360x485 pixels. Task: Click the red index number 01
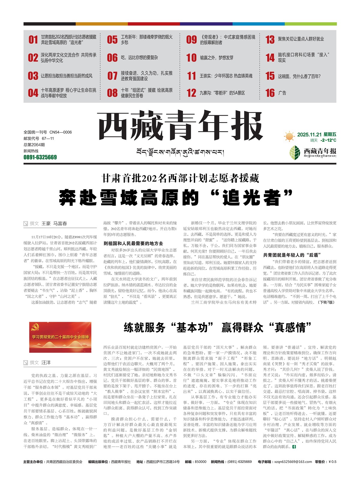click(x=33, y=40)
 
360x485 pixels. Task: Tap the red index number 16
click(x=270, y=93)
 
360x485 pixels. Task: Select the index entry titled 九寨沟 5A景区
click(x=222, y=93)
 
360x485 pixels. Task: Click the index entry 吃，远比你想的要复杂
click(x=139, y=58)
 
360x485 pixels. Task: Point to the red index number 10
click(x=191, y=58)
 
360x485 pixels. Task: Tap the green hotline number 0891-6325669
click(x=40, y=157)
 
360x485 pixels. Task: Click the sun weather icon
click(x=289, y=137)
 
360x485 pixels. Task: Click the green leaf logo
click(x=295, y=152)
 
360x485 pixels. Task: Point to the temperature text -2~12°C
click(x=328, y=140)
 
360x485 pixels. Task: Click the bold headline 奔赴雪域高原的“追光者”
click(x=176, y=198)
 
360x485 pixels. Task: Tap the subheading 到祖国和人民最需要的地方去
click(x=133, y=243)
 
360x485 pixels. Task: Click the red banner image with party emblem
click(x=60, y=337)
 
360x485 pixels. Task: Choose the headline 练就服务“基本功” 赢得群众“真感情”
click(x=217, y=327)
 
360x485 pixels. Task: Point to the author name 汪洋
click(x=46, y=363)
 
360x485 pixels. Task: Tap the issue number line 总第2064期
click(x=34, y=145)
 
